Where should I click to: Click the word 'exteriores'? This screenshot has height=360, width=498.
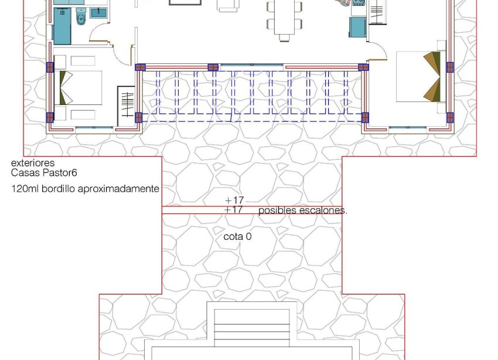(33, 163)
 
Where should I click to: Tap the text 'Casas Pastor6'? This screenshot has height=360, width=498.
(44, 173)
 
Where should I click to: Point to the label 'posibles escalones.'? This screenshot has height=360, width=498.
(302, 210)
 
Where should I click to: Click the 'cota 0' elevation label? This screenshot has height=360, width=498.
(237, 237)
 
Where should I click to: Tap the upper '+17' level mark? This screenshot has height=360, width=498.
(234, 200)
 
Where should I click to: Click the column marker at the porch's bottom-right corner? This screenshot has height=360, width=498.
(365, 117)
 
